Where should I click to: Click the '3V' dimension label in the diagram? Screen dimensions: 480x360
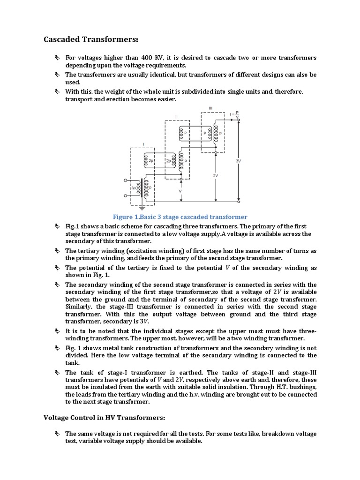coord(238,160)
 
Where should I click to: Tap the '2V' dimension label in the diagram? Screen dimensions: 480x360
coord(215,176)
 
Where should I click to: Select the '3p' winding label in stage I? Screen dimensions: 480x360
coord(134,188)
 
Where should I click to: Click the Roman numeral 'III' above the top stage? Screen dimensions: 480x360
coord(210,108)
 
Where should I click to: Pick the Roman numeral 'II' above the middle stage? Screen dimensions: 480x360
coord(176,116)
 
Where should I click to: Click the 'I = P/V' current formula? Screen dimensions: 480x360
coord(234,114)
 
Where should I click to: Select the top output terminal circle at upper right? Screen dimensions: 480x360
coord(239,120)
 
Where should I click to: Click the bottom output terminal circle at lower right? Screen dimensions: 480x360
coord(239,202)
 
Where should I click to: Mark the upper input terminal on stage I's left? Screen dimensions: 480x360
coord(125,180)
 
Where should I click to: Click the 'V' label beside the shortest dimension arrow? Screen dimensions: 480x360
coord(180,191)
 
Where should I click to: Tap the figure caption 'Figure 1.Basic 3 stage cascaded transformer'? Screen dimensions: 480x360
coord(180,217)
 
